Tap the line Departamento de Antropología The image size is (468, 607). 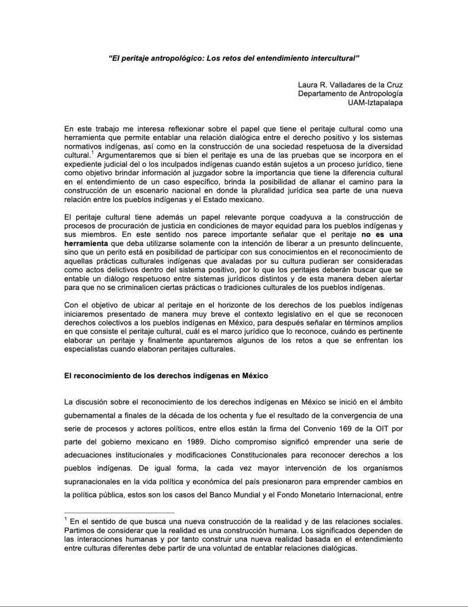tap(350, 94)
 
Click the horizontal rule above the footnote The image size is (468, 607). tap(118, 512)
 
